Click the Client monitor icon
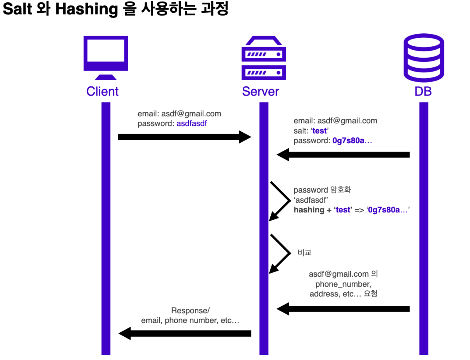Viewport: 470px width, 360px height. click(106, 57)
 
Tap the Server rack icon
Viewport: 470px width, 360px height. click(263, 58)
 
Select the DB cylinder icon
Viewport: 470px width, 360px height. click(423, 58)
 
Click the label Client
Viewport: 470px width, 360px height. click(102, 91)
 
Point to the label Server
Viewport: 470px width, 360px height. click(260, 91)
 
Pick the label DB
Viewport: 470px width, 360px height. click(423, 91)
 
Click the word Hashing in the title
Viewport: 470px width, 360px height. click(86, 9)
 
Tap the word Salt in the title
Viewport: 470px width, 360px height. click(17, 9)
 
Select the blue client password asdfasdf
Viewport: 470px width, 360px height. click(192, 124)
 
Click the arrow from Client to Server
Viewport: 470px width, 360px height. click(184, 137)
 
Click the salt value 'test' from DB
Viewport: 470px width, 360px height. click(319, 131)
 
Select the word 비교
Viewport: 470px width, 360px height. click(305, 253)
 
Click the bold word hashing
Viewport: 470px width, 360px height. click(309, 210)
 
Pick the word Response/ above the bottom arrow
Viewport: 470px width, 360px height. click(190, 310)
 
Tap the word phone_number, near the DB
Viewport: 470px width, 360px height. click(343, 284)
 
